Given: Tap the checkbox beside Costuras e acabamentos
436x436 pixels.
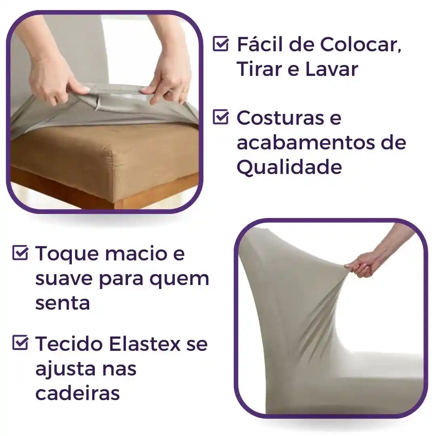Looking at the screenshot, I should click(220, 117).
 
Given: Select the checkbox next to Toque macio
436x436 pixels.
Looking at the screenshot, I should click(20, 253).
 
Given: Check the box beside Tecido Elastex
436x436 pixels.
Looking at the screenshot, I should click(20, 344).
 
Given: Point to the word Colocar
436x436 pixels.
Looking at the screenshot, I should click(361, 44).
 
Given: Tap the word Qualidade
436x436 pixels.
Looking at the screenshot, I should click(289, 167).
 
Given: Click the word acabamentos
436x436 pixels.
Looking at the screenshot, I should click(304, 143).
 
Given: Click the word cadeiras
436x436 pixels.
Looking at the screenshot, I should click(78, 394).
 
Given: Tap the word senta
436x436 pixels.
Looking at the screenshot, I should click(62, 303).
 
